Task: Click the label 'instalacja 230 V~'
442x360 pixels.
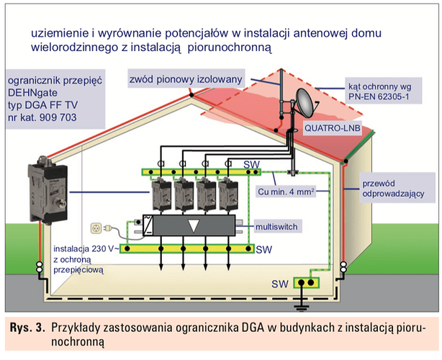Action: click(78, 247)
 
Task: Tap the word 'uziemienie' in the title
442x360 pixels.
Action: click(59, 33)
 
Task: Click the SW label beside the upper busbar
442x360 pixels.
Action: click(248, 165)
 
